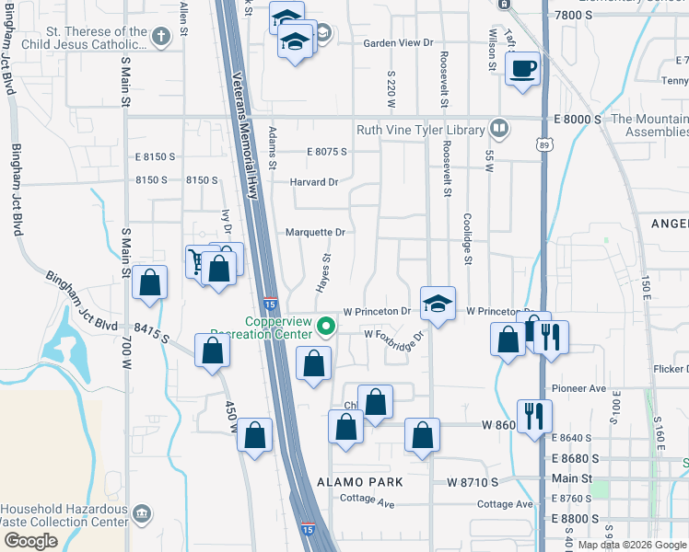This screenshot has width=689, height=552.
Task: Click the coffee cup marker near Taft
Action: coord(522,68)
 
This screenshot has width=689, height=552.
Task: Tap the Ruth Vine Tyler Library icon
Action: coord(499,128)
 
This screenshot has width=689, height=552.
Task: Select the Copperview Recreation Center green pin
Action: coord(325,327)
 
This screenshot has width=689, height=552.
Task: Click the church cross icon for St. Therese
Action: coord(161,37)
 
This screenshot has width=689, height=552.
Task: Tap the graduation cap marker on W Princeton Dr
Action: coord(438,303)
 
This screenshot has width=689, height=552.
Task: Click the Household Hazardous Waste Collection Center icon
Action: coord(141,512)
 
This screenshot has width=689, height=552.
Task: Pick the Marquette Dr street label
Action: coord(315,232)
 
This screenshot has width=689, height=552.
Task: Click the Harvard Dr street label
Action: coord(314,181)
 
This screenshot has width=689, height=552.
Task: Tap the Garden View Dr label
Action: coord(398,43)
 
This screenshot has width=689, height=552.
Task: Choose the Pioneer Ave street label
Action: coord(579,388)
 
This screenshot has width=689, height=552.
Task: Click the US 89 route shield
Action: coord(544,144)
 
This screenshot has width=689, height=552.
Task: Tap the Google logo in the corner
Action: coord(30,541)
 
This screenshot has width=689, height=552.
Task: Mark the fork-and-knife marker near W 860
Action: coord(534,416)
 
